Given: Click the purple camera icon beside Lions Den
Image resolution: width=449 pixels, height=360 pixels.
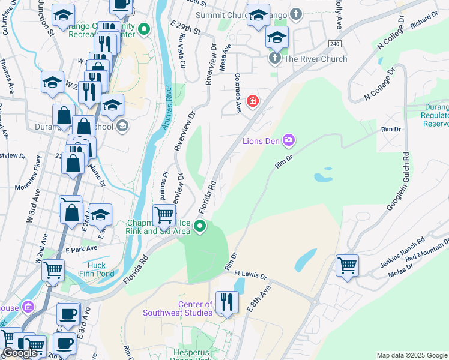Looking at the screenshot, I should tap(289, 140).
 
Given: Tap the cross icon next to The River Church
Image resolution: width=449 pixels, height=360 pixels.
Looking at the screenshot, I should tap(274, 59).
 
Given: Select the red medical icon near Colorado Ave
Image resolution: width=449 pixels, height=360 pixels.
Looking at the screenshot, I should tap(253, 100).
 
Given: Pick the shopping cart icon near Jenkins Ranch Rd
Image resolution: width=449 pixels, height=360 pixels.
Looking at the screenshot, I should tap(347, 265).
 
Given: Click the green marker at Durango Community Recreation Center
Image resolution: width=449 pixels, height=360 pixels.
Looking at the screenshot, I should tap(144, 29).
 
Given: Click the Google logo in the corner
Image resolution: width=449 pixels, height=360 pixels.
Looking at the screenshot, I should tap(19, 353).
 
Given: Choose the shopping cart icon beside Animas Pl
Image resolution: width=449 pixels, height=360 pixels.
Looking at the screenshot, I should tap(164, 215).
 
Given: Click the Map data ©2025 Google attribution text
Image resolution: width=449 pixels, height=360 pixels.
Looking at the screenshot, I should tap(412, 355).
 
